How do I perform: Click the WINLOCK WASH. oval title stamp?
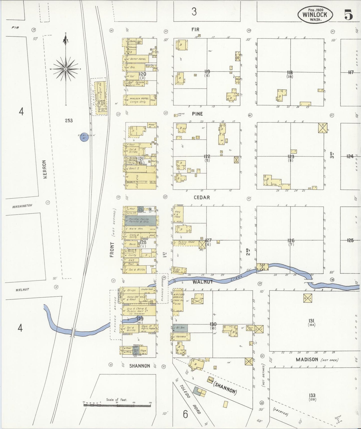[x=315, y=15]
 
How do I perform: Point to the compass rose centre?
[x=66, y=69]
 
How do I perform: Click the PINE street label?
[x=197, y=114]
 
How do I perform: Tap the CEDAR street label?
[x=202, y=197]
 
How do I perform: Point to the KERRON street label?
[x=45, y=169]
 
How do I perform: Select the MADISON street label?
[x=307, y=360]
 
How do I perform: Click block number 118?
[x=290, y=73]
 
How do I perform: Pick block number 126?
[x=291, y=241]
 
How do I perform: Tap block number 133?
[x=312, y=395]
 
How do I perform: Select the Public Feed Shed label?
[x=186, y=243]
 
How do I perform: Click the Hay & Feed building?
[x=178, y=214]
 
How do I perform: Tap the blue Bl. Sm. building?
[x=180, y=328]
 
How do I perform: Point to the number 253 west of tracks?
[x=69, y=121]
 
